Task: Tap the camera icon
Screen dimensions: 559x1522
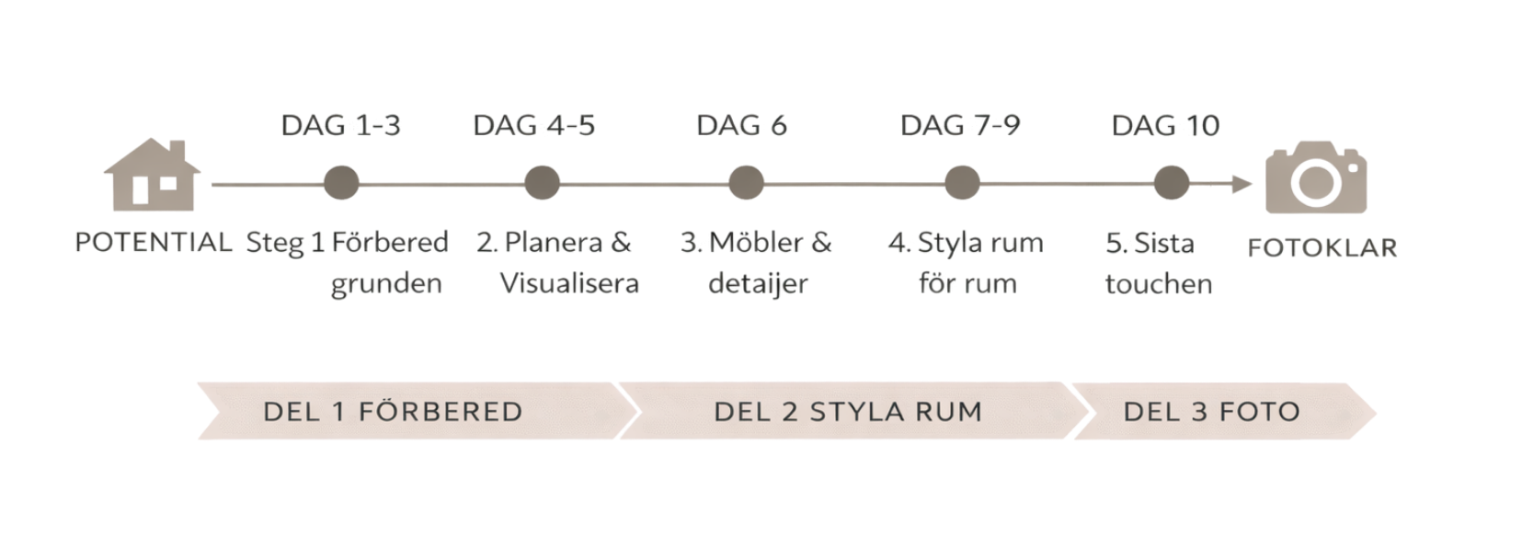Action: (1316, 177)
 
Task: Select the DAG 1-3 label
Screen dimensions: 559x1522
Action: (341, 125)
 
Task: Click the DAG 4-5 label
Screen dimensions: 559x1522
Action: (534, 125)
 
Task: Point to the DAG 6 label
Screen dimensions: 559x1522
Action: (742, 125)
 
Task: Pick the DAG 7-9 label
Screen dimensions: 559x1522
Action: (960, 125)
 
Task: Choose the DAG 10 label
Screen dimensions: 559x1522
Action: (1165, 125)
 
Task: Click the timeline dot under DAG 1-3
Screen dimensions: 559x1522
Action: (341, 182)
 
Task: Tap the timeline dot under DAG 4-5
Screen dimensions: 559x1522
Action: (541, 182)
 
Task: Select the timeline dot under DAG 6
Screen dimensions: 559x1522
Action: (744, 182)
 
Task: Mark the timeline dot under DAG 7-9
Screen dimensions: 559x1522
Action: (961, 182)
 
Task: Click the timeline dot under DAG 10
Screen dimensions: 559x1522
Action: (1171, 182)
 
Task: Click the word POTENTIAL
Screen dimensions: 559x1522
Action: (153, 244)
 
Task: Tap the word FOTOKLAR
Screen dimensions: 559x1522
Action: (1322, 247)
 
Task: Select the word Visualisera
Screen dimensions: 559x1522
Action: (569, 283)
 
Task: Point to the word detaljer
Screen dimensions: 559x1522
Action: (758, 283)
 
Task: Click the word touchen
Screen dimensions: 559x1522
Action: (1159, 284)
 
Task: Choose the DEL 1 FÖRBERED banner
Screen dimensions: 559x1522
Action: (394, 411)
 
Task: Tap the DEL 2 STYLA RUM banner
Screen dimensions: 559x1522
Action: (848, 411)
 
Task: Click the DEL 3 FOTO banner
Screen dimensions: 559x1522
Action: (1211, 411)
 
